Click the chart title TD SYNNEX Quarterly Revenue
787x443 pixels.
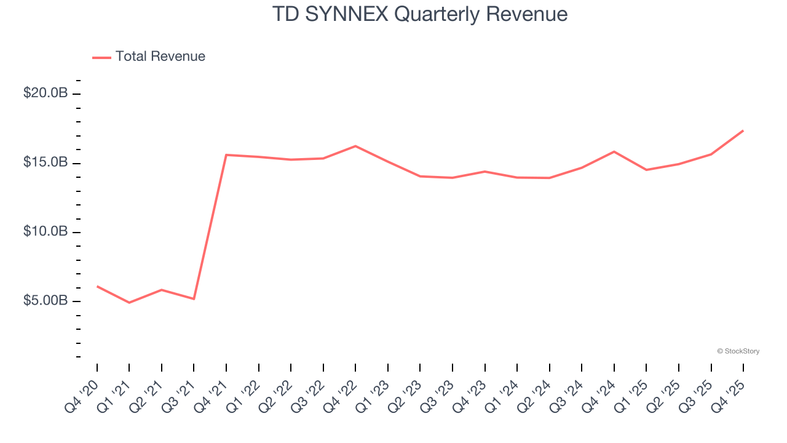419,14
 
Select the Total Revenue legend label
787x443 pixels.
160,57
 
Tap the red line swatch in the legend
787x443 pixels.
101,57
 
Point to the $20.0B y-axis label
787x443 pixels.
45,94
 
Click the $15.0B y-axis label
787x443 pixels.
45,163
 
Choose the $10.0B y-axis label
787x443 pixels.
45,232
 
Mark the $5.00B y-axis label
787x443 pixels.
45,301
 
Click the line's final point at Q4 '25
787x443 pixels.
743,130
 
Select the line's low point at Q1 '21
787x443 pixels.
129,303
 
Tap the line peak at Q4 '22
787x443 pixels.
355,146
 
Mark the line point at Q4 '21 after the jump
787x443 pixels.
226,155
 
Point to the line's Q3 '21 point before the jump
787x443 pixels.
194,299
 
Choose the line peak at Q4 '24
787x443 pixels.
614,151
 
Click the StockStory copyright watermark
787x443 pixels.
738,351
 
